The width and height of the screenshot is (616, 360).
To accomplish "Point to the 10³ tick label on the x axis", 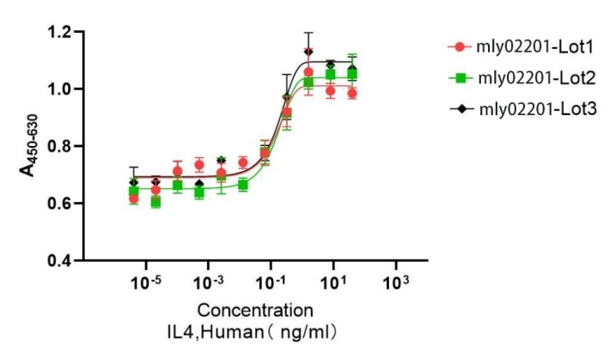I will [395, 281].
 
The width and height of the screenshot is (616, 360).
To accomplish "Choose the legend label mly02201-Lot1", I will [526, 46].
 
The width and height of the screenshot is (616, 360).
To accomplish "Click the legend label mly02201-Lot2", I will [526, 78].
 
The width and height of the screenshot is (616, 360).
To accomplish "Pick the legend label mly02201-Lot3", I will [526, 109].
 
